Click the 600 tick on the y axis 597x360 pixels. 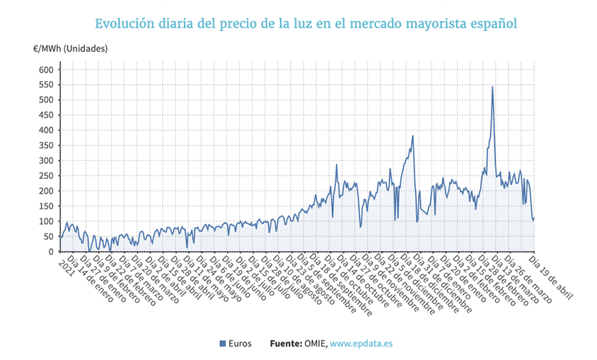[45, 69]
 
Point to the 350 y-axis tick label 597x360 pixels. [45, 146]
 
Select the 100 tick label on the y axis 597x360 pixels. [45, 221]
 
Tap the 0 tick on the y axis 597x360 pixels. [50, 252]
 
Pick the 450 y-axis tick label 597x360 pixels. [45, 115]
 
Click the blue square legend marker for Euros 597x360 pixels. [223, 344]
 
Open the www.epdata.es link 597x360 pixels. [361, 344]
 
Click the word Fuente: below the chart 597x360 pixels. [286, 344]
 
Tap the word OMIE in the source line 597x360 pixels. [315, 344]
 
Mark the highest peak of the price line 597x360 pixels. [492, 87]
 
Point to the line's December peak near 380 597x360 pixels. [412, 136]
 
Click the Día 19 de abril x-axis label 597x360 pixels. [551, 275]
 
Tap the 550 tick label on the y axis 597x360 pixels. [45, 85]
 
